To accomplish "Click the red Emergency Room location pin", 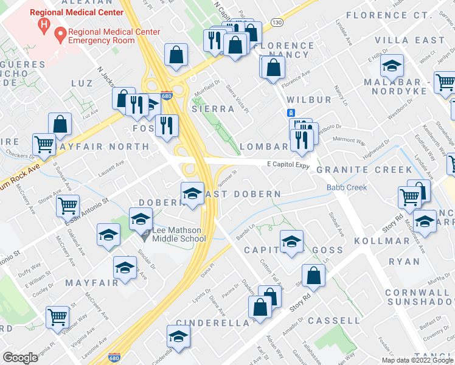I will pyautogui.click(x=60, y=35).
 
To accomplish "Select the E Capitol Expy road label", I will pyautogui.click(x=289, y=165).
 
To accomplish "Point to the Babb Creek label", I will pyautogui.click(x=347, y=187).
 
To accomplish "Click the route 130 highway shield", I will pyautogui.click(x=277, y=23).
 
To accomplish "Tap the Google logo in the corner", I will pyautogui.click(x=20, y=358).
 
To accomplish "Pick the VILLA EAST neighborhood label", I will pyautogui.click(x=409, y=40).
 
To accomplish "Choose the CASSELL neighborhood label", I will pyautogui.click(x=334, y=320).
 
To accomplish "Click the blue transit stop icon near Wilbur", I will pyautogui.click(x=291, y=113).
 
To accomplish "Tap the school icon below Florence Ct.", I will pyautogui.click(x=392, y=64).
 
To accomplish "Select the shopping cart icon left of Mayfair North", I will pyautogui.click(x=45, y=144).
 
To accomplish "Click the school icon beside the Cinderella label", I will pyautogui.click(x=178, y=335).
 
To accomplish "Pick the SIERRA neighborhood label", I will pyautogui.click(x=213, y=109).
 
